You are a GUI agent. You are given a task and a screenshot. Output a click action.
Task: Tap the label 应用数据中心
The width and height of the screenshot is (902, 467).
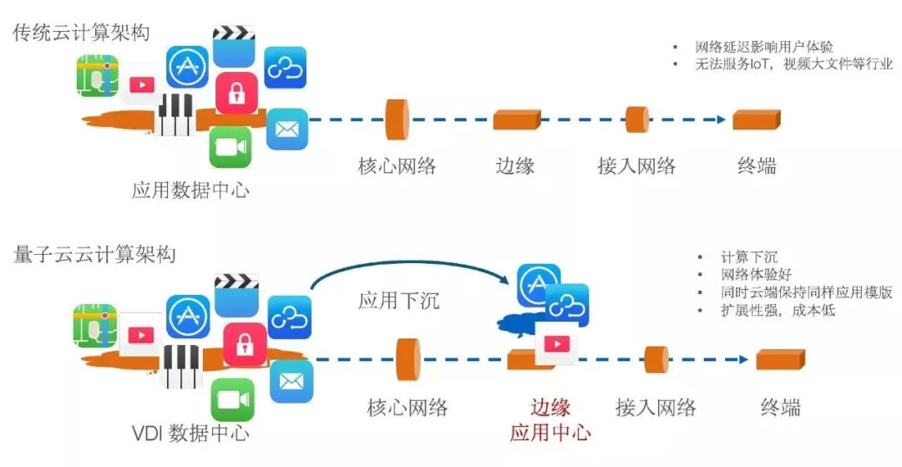pyautogui.click(x=190, y=190)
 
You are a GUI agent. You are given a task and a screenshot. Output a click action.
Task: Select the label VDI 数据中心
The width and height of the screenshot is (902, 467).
pyautogui.click(x=190, y=433)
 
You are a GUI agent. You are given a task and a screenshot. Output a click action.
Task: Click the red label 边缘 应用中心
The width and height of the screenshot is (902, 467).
pyautogui.click(x=550, y=419)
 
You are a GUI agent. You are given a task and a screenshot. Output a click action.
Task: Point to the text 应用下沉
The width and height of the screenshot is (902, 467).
pyautogui.click(x=398, y=301)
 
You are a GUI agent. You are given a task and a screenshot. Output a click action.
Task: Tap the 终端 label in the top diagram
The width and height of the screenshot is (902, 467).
pyautogui.click(x=757, y=165)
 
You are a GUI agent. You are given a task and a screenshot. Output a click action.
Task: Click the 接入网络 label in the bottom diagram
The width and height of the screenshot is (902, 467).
pyautogui.click(x=656, y=408)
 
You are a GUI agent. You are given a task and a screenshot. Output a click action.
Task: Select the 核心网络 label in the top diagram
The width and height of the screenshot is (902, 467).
pyautogui.click(x=398, y=165)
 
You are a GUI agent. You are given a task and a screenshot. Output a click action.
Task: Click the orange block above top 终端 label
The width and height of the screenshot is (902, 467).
pyautogui.click(x=756, y=119)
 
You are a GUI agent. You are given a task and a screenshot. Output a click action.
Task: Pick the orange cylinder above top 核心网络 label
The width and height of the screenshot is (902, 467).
pyautogui.click(x=398, y=119)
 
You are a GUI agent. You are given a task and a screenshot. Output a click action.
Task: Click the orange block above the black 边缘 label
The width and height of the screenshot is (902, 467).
pyautogui.click(x=517, y=119)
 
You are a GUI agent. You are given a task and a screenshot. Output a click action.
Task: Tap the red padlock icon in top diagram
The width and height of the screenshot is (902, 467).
pyautogui.click(x=236, y=92)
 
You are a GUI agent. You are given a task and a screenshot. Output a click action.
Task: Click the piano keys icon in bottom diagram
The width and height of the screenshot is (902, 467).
pyautogui.click(x=180, y=365)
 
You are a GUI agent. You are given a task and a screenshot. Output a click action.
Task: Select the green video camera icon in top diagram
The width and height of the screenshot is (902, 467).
pyautogui.click(x=230, y=147)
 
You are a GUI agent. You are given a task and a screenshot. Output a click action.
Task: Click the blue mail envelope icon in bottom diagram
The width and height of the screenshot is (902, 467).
pyautogui.click(x=291, y=381)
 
